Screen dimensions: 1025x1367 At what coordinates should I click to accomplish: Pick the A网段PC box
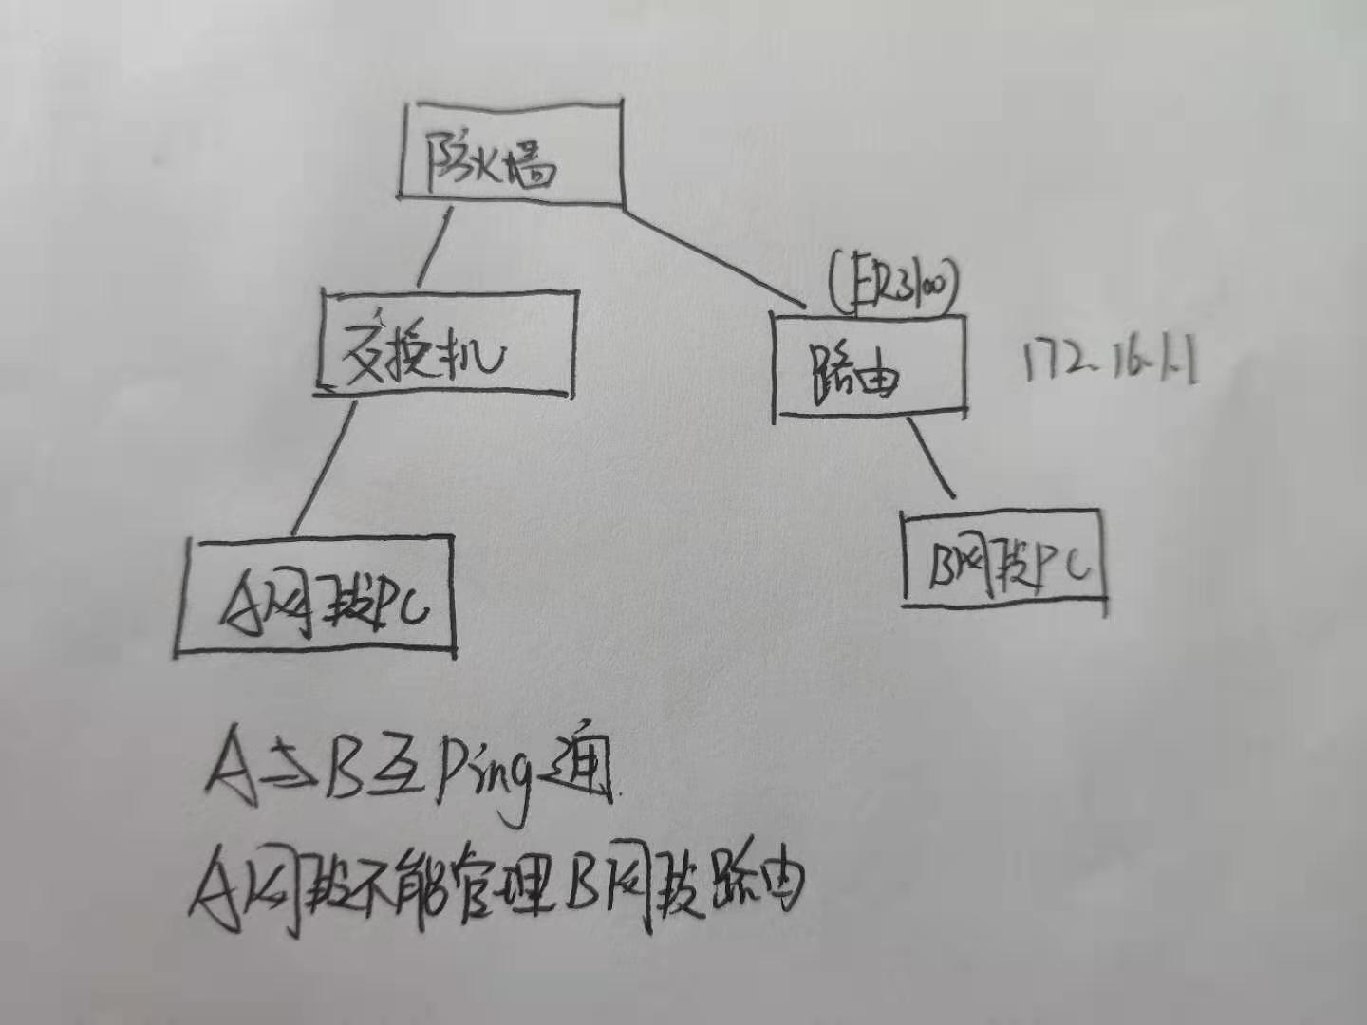coord(315,596)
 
